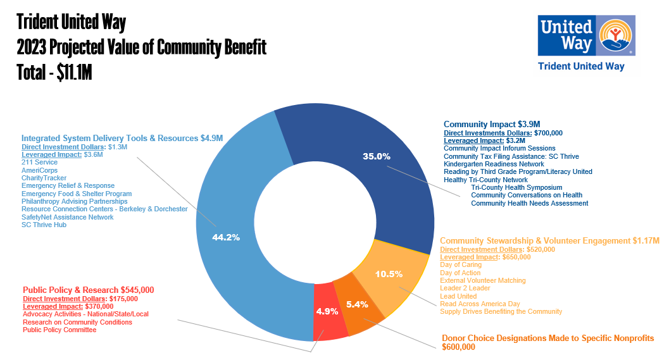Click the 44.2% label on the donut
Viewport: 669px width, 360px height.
pyautogui.click(x=226, y=238)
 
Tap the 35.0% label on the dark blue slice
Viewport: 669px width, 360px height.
pyautogui.click(x=376, y=156)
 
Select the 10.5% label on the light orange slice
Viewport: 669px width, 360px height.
pyautogui.click(x=389, y=274)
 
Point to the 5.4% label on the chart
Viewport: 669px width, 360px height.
pyautogui.click(x=357, y=304)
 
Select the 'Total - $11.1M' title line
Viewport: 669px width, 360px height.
pyautogui.click(x=54, y=72)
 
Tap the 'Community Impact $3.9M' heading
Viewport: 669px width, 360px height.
pyautogui.click(x=491, y=124)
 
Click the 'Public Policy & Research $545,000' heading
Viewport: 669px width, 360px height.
pyautogui.click(x=88, y=290)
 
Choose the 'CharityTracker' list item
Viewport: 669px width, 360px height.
pyautogui.click(x=44, y=178)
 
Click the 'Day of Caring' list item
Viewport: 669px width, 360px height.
pyautogui.click(x=461, y=264)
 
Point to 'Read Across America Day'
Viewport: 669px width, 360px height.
pyautogui.click(x=480, y=304)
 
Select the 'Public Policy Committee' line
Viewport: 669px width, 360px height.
pyautogui.click(x=59, y=330)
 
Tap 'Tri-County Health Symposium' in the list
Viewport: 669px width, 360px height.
pyautogui.click(x=516, y=187)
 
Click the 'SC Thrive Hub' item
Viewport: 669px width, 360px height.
pyautogui.click(x=44, y=225)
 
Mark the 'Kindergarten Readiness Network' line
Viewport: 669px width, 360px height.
pyautogui.click(x=494, y=164)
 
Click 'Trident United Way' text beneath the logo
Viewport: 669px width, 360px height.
pyautogui.click(x=580, y=66)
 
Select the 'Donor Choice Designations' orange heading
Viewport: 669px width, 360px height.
pyautogui.click(x=547, y=338)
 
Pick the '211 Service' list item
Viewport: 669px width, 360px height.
pyautogui.click(x=39, y=163)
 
